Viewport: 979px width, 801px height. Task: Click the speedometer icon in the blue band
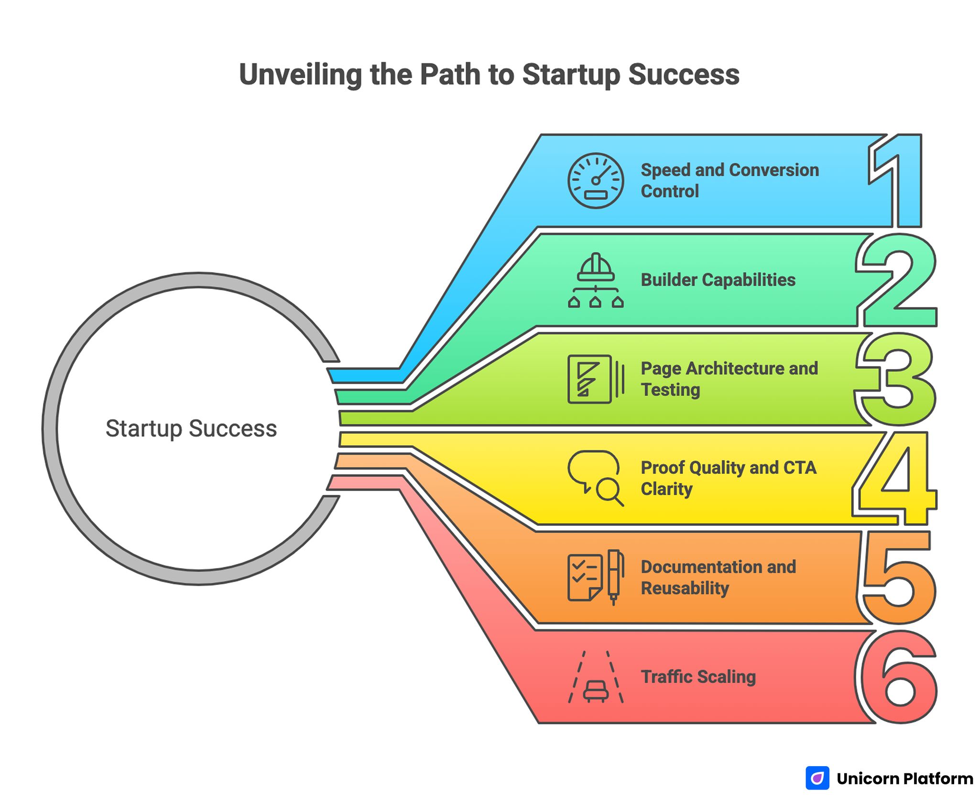tap(595, 181)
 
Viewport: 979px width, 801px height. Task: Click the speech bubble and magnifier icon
tap(595, 478)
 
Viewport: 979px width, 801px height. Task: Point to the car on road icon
tap(595, 677)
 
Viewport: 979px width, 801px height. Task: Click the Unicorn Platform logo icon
tap(817, 778)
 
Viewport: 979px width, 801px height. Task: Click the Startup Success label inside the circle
tap(191, 428)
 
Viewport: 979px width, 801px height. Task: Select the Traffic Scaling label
tap(698, 677)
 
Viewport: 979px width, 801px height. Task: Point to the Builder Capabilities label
tap(718, 280)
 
